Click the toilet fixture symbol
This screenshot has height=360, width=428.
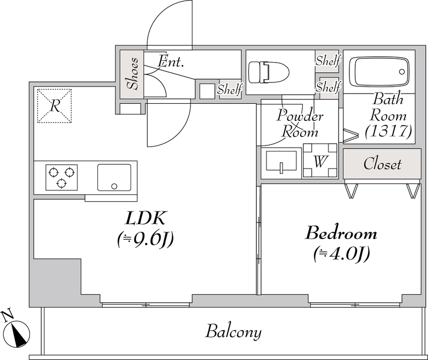point(269,72)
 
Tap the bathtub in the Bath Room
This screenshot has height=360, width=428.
point(381,72)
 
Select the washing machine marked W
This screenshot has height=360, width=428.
point(320,160)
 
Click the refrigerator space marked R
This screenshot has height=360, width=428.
point(55,105)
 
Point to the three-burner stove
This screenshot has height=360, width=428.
point(62,178)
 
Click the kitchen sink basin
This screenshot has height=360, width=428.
point(114,178)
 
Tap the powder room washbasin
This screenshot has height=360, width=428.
point(281,162)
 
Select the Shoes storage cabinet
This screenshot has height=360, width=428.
point(132,74)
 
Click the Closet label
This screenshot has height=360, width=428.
point(382,164)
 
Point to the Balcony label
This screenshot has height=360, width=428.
point(233,332)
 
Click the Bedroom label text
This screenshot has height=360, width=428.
point(341,234)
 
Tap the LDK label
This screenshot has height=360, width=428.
point(145,218)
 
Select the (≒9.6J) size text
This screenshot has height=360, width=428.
point(146,239)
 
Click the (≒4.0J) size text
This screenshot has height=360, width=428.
point(341,255)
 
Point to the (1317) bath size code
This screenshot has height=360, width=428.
point(388,132)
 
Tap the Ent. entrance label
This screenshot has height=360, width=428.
point(171,62)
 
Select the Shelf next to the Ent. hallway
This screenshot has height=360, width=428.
point(230,89)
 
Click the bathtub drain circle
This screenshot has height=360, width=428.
point(402,72)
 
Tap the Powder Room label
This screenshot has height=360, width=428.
point(300,124)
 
